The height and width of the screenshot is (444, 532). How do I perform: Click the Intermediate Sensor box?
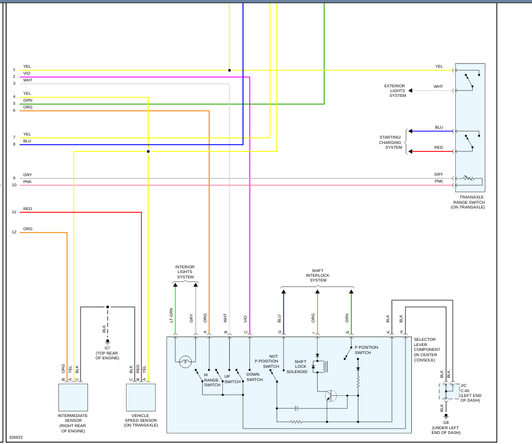(x=73, y=397)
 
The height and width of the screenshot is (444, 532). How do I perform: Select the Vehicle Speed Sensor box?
(x=141, y=397)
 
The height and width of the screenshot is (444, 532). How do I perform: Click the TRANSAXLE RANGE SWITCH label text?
(x=468, y=202)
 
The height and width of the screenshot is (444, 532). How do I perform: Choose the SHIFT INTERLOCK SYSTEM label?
(x=318, y=275)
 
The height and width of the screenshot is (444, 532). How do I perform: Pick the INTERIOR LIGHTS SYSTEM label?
(x=185, y=271)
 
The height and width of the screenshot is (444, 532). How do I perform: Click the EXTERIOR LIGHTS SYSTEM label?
(x=394, y=90)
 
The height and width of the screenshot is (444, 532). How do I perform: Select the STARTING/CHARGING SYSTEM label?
(x=391, y=142)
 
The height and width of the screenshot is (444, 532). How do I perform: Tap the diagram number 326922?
(x=16, y=438)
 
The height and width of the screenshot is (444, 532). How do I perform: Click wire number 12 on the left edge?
(x=14, y=232)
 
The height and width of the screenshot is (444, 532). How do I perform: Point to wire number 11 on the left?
(x=14, y=212)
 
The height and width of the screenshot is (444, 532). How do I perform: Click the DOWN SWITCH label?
(x=254, y=377)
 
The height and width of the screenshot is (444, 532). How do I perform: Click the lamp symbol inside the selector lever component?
(x=185, y=363)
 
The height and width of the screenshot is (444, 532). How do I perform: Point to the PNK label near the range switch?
(x=439, y=181)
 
